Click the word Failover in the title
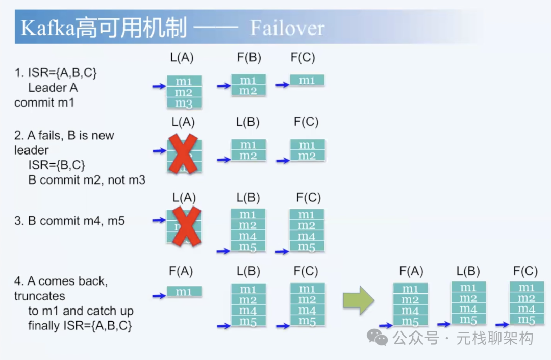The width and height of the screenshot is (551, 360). (287, 28)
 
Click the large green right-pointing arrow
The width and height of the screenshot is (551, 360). (358, 300)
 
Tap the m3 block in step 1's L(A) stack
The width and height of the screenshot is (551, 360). (184, 104)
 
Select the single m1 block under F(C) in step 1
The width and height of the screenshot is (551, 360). (307, 80)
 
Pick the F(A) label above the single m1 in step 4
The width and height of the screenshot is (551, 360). (181, 272)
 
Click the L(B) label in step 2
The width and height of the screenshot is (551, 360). (247, 122)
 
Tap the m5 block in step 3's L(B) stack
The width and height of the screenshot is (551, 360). (248, 247)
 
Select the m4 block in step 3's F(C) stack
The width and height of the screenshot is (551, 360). (307, 237)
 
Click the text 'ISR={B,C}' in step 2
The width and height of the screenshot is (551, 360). (57, 165)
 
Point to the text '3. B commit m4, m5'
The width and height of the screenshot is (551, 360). (69, 221)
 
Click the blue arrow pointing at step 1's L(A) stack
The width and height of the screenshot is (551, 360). (159, 87)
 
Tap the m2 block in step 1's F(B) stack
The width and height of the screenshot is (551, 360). (248, 91)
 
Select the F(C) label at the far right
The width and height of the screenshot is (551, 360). (525, 271)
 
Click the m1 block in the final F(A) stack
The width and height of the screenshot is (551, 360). (410, 289)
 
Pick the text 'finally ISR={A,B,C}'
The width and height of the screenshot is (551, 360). (80, 325)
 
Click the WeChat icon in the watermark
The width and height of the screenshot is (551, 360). (378, 337)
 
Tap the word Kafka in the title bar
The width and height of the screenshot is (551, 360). (47, 28)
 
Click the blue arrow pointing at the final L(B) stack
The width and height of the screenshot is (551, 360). (444, 324)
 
